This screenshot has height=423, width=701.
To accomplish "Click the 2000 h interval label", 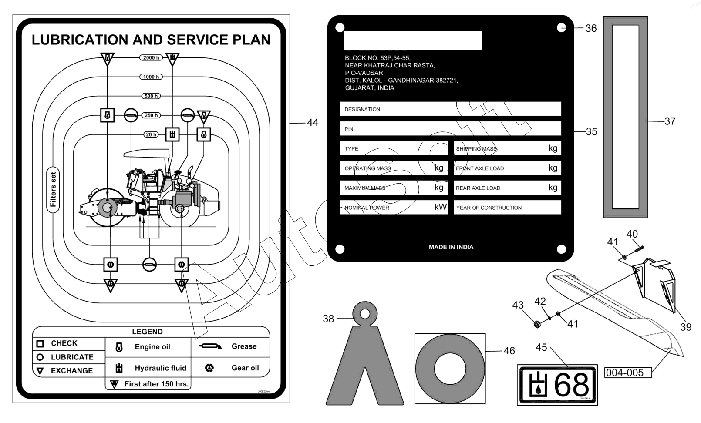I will (x=151, y=57).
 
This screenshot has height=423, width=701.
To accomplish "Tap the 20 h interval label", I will (x=151, y=134).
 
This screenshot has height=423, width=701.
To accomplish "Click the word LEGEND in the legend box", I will (x=147, y=332).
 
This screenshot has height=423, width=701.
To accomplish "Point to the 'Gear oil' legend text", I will (x=245, y=368).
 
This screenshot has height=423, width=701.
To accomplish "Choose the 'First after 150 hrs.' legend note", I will (x=156, y=384).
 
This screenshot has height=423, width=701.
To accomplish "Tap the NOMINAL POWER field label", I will (x=367, y=208).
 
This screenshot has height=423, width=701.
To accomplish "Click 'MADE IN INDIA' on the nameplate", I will (x=451, y=247).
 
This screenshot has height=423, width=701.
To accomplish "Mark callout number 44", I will (x=313, y=123).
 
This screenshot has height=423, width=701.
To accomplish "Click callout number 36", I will (x=591, y=28).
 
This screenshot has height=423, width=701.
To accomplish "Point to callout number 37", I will (x=670, y=121).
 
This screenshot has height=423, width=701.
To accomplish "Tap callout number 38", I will (x=328, y=319).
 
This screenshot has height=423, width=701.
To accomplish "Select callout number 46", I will (x=509, y=351).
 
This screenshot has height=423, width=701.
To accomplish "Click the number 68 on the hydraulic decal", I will (x=572, y=385).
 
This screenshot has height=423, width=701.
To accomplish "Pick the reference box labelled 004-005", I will (x=625, y=373).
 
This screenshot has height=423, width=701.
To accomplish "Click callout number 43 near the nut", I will (x=518, y=305).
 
